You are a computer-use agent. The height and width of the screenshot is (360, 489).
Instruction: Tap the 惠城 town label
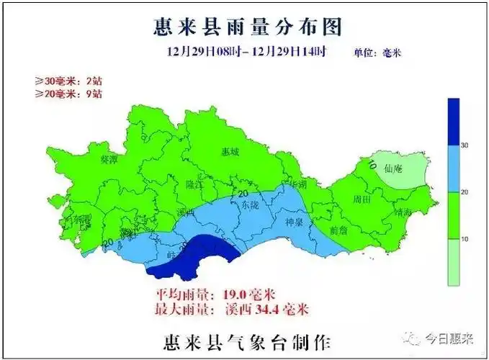point(230,152)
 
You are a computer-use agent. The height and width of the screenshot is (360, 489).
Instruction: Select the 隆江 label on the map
point(195,184)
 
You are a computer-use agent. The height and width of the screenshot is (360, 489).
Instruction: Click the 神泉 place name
point(296,222)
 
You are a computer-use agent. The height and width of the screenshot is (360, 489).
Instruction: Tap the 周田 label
point(362,198)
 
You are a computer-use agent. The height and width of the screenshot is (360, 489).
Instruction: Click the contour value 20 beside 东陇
point(243,194)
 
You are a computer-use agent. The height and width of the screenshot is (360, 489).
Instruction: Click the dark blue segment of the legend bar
point(453,122)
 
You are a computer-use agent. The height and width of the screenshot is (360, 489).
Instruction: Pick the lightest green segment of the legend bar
point(453,261)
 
